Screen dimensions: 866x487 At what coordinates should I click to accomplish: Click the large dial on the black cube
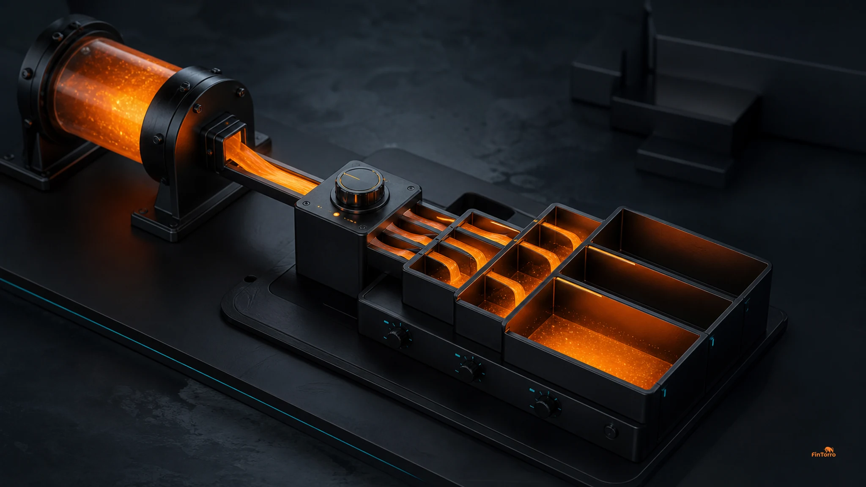pyautogui.click(x=359, y=188)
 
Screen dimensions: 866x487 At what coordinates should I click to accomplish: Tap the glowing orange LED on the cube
pyautogui.click(x=336, y=214)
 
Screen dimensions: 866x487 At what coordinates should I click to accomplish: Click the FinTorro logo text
pyautogui.click(x=823, y=454)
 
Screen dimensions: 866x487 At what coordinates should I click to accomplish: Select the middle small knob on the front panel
pyautogui.click(x=470, y=370)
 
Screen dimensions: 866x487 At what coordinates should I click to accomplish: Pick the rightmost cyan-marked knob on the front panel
pyautogui.click(x=545, y=405)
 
